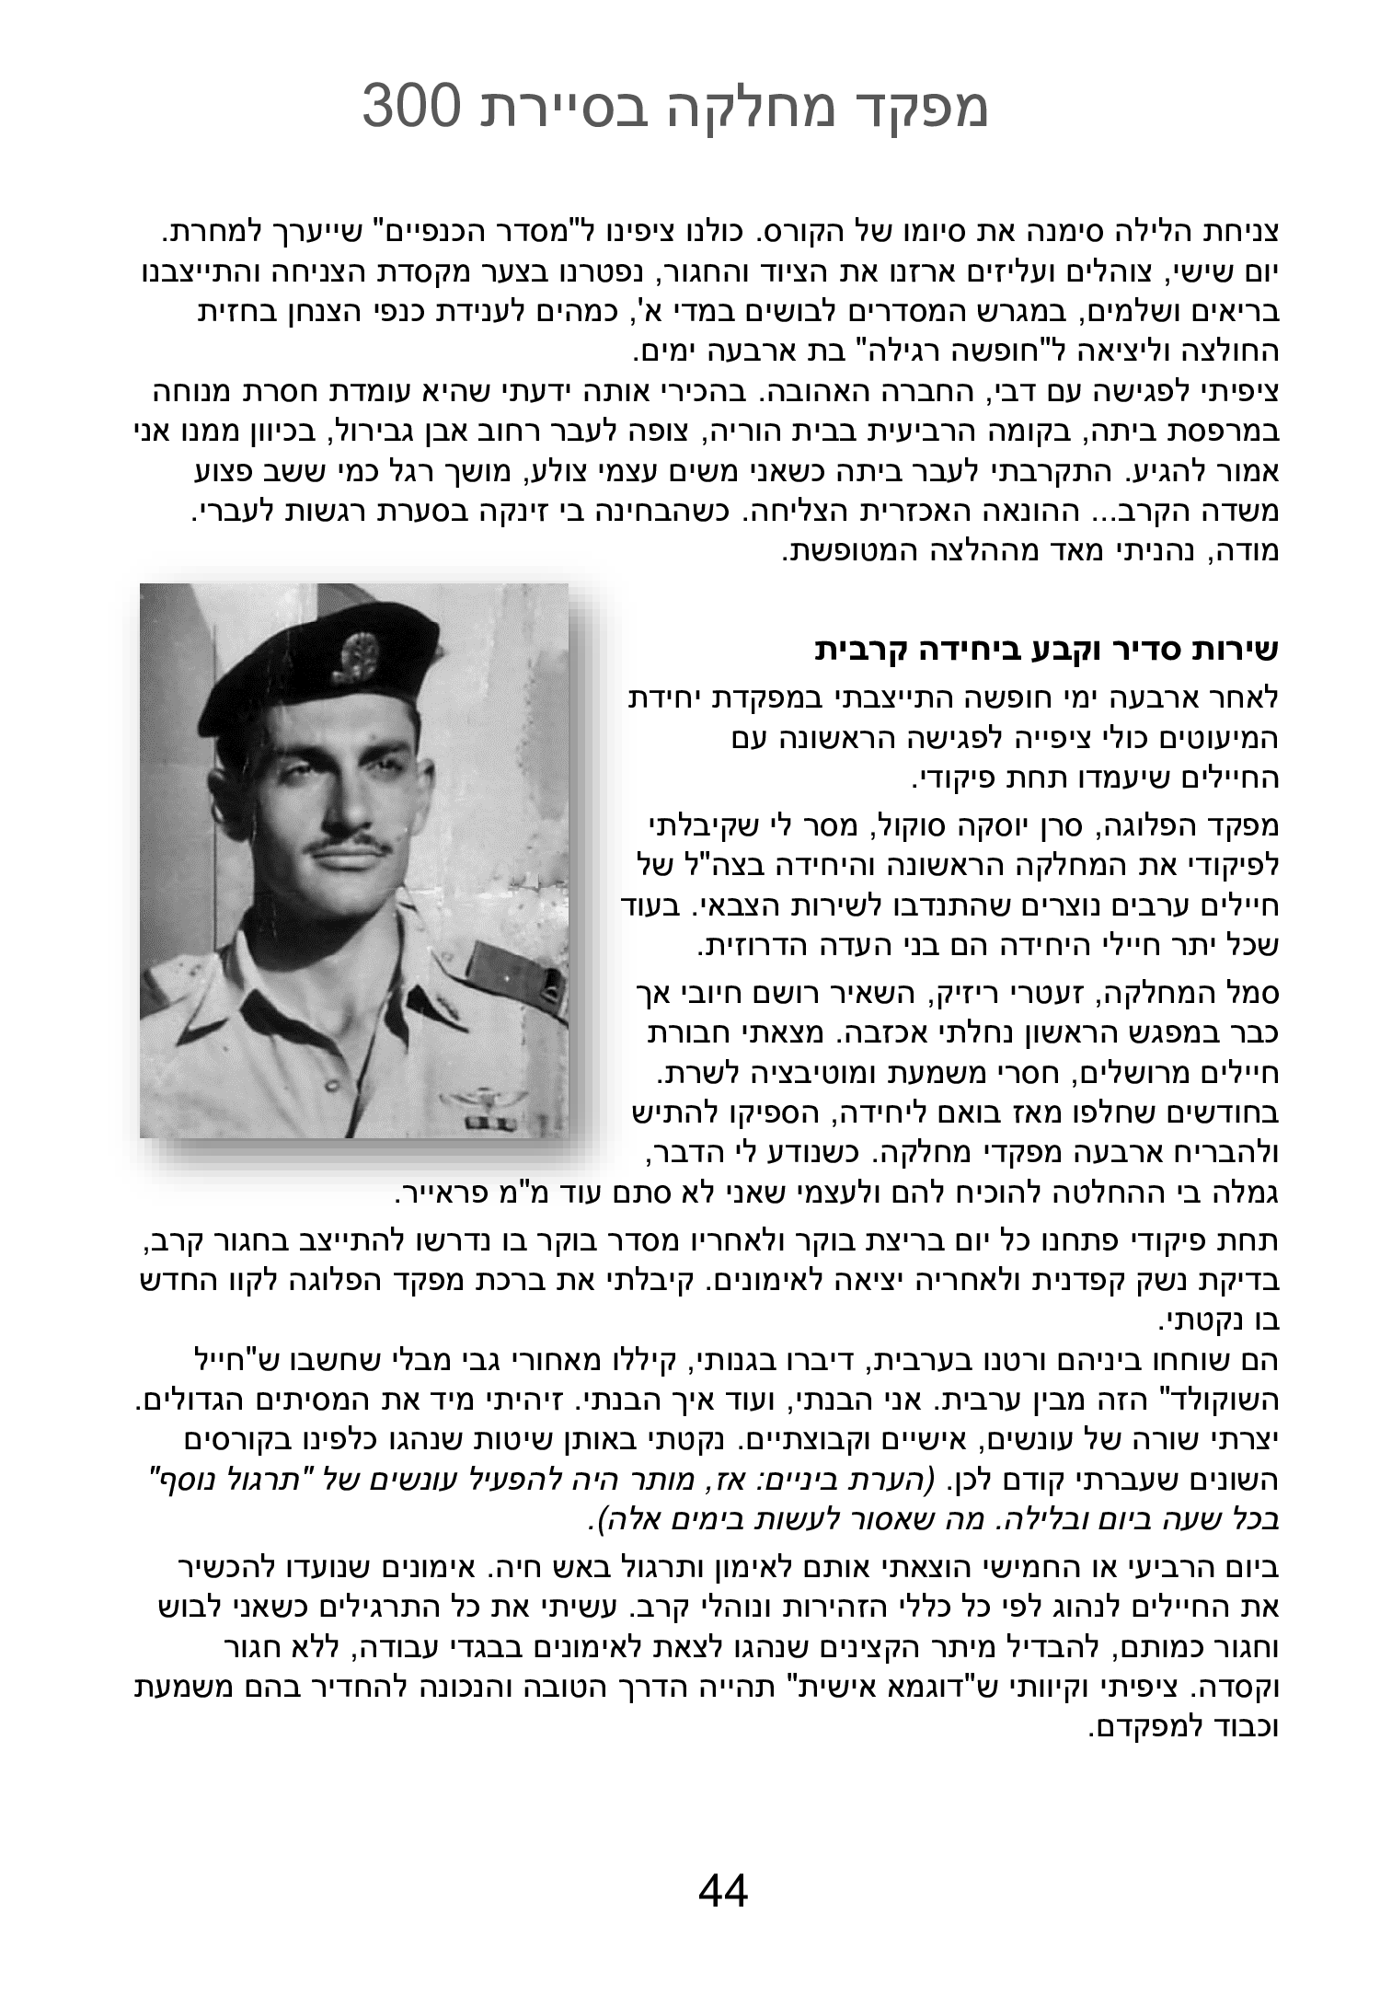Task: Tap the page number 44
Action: [x=723, y=1891]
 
